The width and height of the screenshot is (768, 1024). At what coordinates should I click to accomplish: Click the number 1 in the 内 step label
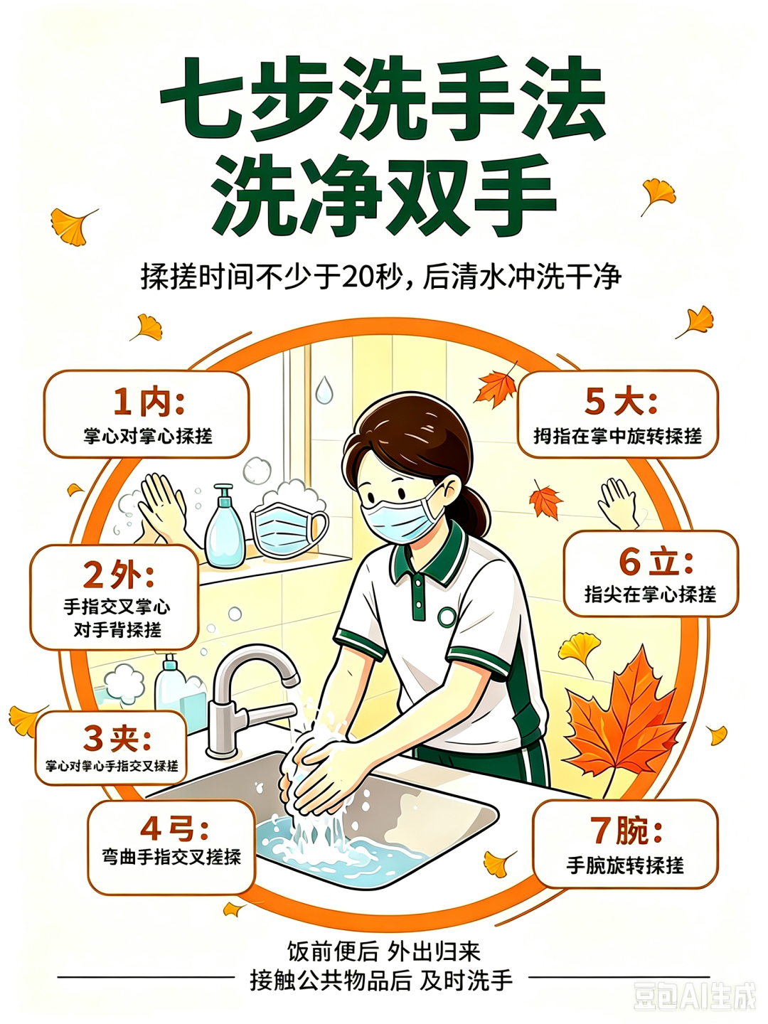[x=122, y=402]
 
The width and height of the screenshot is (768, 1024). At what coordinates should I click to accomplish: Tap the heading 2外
[x=119, y=575]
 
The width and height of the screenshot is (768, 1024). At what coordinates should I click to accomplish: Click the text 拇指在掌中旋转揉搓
[x=617, y=436]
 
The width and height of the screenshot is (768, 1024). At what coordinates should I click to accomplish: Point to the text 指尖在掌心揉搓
[x=650, y=594]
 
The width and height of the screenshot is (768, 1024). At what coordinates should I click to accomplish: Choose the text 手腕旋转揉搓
[x=625, y=866]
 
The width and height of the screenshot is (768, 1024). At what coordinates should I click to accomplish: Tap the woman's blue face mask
[x=402, y=515]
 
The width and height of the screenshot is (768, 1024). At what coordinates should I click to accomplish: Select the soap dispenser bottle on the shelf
[x=225, y=526]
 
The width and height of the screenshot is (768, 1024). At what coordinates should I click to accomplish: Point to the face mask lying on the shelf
[x=288, y=530]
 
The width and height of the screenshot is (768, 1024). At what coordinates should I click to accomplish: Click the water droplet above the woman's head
[x=324, y=390]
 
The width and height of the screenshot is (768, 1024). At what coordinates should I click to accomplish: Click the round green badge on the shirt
[x=447, y=617]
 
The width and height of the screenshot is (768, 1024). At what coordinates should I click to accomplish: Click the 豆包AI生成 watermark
[x=694, y=994]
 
